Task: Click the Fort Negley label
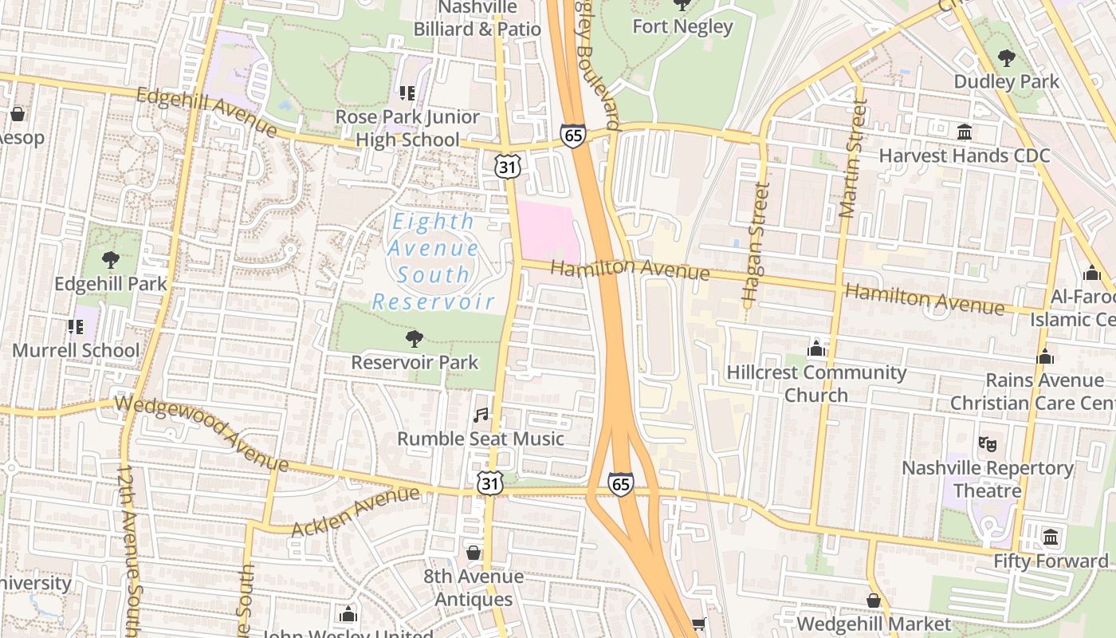682,26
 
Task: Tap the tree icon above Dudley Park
1007,57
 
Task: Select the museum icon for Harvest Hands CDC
965,132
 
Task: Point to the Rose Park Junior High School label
407,128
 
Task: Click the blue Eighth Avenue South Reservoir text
434,262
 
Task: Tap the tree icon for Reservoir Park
414,339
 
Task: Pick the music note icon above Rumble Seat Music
480,415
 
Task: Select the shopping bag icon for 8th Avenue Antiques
474,553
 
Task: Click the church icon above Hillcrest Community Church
815,349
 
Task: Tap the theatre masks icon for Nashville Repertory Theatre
987,444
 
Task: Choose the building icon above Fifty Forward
1050,537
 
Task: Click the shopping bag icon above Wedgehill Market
874,601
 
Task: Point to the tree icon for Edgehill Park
111,260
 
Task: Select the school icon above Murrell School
76,327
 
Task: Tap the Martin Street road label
851,159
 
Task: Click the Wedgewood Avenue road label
201,431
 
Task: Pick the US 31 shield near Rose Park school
508,167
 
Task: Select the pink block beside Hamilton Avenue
548,230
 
